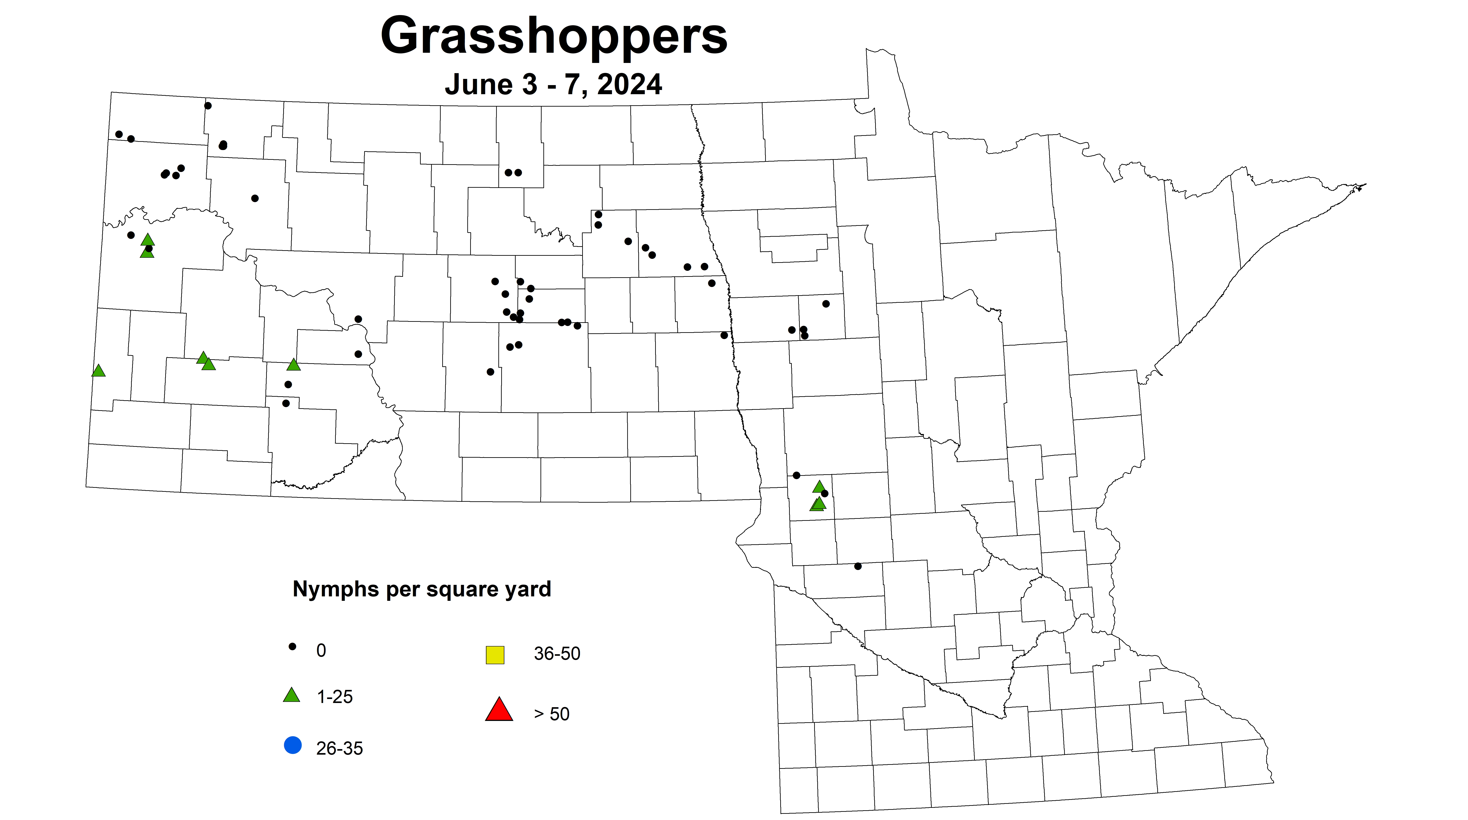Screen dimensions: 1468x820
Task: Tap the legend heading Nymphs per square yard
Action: [x=422, y=589]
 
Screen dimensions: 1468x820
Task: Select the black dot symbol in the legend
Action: [x=292, y=646]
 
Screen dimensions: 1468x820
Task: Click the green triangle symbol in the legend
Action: [x=292, y=695]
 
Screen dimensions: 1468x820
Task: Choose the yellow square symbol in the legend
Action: [x=495, y=655]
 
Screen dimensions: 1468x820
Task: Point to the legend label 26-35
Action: [x=339, y=748]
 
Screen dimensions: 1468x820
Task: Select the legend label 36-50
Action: [x=557, y=654]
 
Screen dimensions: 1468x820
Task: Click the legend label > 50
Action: [x=551, y=714]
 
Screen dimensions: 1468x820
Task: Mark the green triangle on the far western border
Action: [x=99, y=371]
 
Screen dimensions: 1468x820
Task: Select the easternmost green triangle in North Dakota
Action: [x=293, y=364]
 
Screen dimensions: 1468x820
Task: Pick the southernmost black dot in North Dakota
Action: [x=286, y=403]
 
